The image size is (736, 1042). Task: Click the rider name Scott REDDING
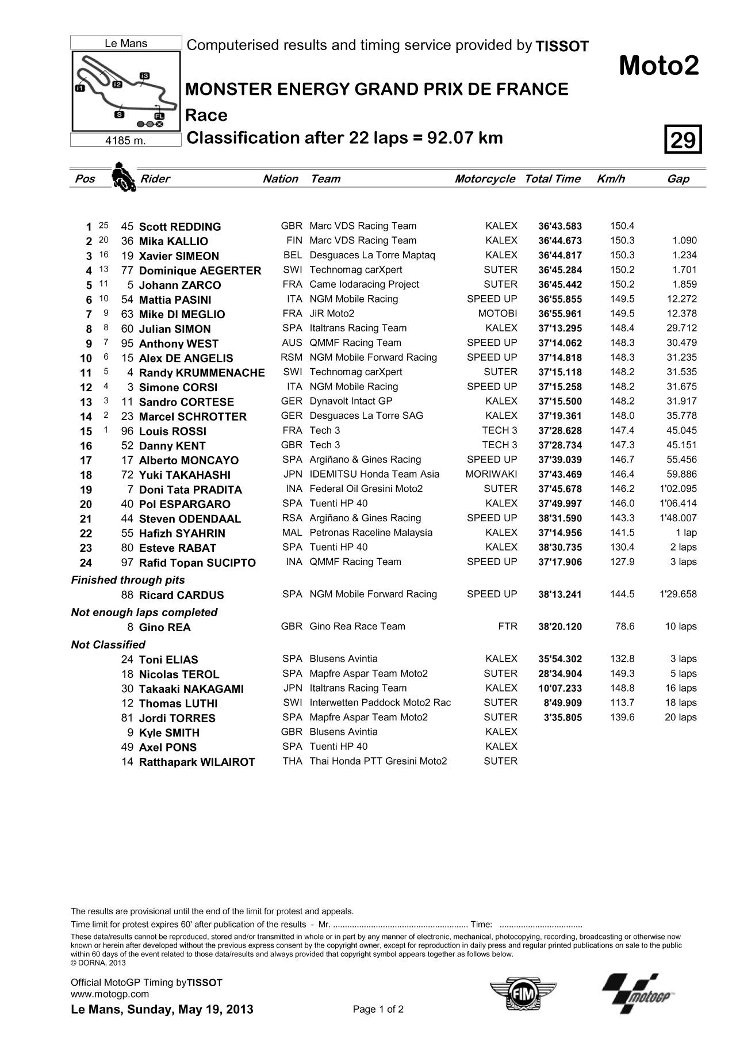click(x=180, y=227)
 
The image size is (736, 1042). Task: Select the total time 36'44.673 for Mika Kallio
click(x=559, y=241)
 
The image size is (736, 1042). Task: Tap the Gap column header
click(x=678, y=179)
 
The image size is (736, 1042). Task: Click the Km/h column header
click(x=611, y=179)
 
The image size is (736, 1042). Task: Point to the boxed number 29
click(x=683, y=139)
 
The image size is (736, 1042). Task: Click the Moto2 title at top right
click(x=658, y=67)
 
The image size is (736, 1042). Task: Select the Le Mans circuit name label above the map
click(x=126, y=43)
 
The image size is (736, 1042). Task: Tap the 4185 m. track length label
click(x=126, y=140)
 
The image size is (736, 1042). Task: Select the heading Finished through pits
click(x=128, y=580)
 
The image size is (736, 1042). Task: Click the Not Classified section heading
click(x=108, y=644)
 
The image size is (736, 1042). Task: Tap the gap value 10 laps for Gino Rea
click(x=681, y=627)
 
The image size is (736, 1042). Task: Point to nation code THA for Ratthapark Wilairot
click(x=292, y=761)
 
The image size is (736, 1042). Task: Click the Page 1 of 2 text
click(x=378, y=1025)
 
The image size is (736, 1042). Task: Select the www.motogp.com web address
click(x=109, y=1010)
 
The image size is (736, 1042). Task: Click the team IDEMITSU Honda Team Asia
click(x=374, y=474)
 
